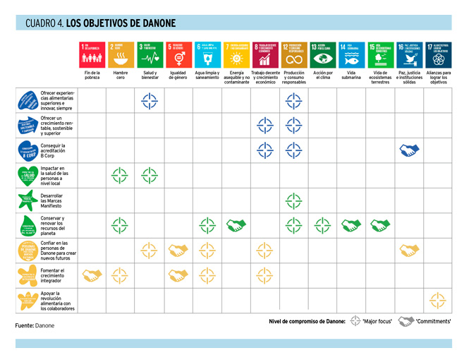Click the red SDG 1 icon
(x=92, y=54)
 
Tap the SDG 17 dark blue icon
(x=437, y=54)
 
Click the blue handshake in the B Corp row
(x=408, y=150)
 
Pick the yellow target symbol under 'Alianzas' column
(x=437, y=301)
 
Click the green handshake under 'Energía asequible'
(x=236, y=225)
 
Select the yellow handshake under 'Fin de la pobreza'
(x=92, y=276)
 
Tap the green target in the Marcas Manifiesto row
(x=293, y=200)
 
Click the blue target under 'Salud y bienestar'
(x=150, y=101)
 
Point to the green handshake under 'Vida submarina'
(x=351, y=225)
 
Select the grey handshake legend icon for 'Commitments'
(x=405, y=322)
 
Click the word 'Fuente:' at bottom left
(x=25, y=325)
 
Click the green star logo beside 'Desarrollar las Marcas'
(x=28, y=200)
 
